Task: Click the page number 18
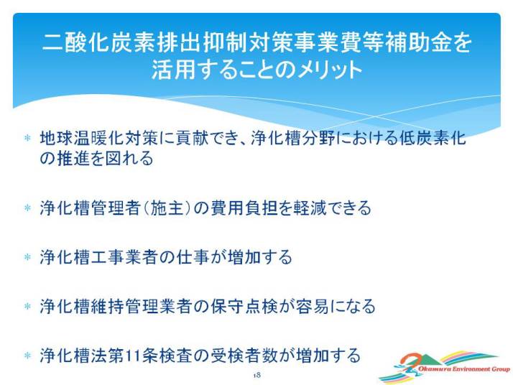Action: pos(256,375)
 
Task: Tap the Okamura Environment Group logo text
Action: pos(464,369)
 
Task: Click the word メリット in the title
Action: pos(329,70)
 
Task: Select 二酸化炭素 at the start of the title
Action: pos(98,42)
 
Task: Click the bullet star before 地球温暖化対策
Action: pos(27,138)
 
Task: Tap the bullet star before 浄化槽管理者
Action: pos(27,208)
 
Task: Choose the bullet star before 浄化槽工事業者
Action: pos(27,257)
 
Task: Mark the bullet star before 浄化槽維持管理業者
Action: pos(27,306)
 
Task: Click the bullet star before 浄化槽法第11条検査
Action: pos(27,356)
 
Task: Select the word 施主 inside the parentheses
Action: pos(167,208)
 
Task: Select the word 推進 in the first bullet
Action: pos(73,158)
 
